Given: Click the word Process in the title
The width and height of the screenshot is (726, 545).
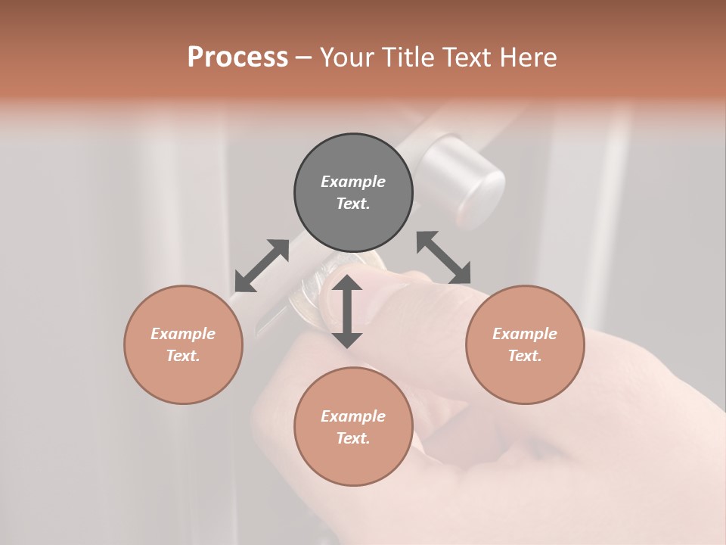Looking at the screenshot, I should tap(237, 58).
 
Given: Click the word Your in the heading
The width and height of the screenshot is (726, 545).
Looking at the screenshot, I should tap(349, 58).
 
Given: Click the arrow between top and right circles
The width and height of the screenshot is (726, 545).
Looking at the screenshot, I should tap(444, 257).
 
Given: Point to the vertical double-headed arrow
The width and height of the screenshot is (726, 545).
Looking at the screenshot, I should tap(347, 310).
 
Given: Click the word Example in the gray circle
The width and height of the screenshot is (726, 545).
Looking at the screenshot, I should tap(353, 182).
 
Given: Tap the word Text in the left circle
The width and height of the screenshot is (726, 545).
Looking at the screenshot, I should tap(183, 356).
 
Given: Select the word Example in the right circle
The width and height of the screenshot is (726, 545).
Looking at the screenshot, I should tap(525, 334).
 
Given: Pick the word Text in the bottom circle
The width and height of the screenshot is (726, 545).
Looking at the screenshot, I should tap(353, 438).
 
